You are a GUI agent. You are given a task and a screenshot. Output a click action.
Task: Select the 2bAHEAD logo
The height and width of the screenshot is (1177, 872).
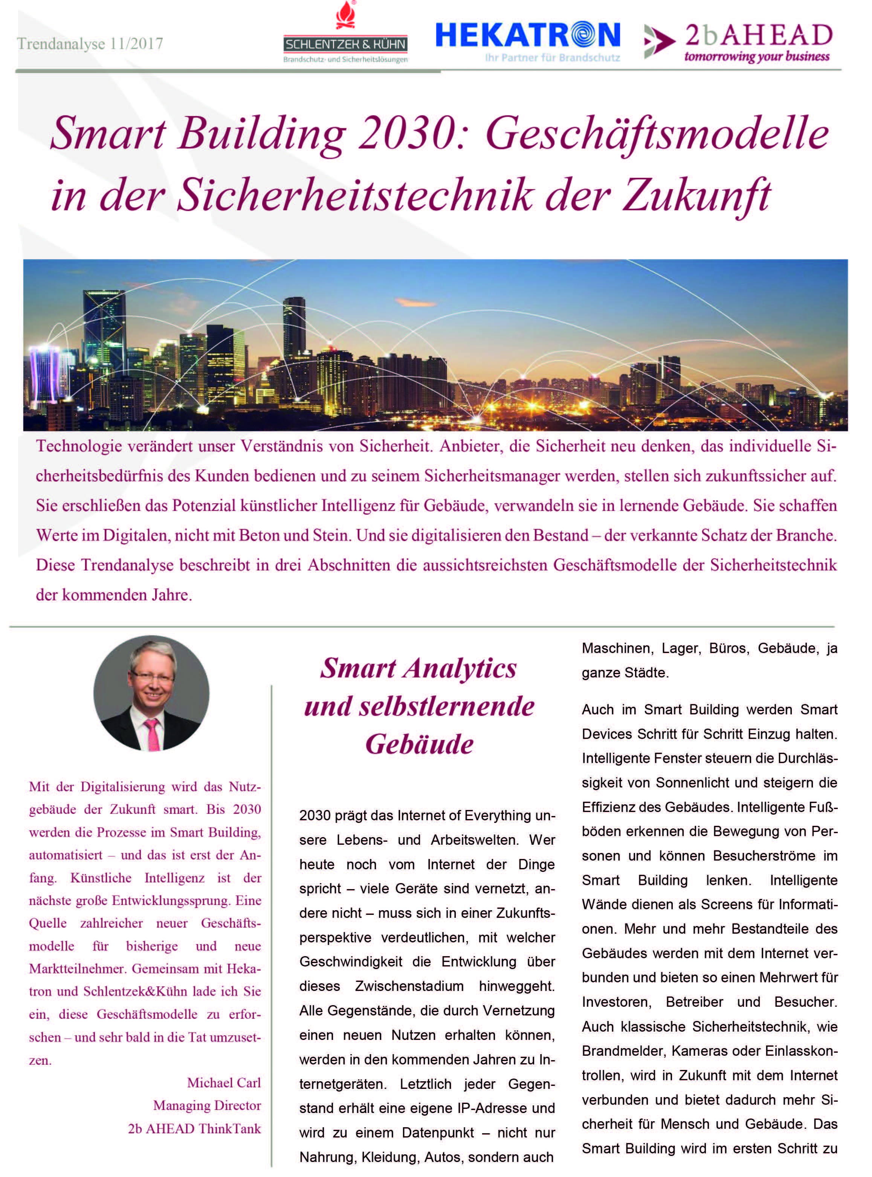pos(739,41)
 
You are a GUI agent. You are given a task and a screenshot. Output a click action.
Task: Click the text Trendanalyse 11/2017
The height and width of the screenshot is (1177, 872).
pos(90,43)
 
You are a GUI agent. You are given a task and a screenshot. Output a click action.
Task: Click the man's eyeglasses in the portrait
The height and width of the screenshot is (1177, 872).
pos(152,676)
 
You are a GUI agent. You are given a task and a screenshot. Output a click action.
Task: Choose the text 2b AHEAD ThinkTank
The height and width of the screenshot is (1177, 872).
pos(194,1129)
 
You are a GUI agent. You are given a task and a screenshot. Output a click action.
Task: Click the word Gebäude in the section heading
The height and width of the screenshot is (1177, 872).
pos(419,744)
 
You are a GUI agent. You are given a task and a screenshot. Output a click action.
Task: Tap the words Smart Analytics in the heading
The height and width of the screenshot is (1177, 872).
pos(418,668)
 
